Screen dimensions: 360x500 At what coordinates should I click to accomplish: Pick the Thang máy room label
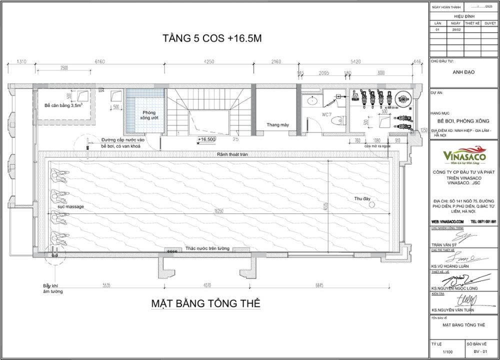point(278,124)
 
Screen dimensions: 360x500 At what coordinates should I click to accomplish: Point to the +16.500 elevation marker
point(206,139)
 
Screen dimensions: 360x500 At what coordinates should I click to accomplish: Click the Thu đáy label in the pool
point(362,198)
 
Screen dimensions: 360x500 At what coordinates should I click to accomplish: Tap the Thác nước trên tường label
point(206,248)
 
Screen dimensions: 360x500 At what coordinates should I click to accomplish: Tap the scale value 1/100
point(447,352)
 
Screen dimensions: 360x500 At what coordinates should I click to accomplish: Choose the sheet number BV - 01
point(482,352)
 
